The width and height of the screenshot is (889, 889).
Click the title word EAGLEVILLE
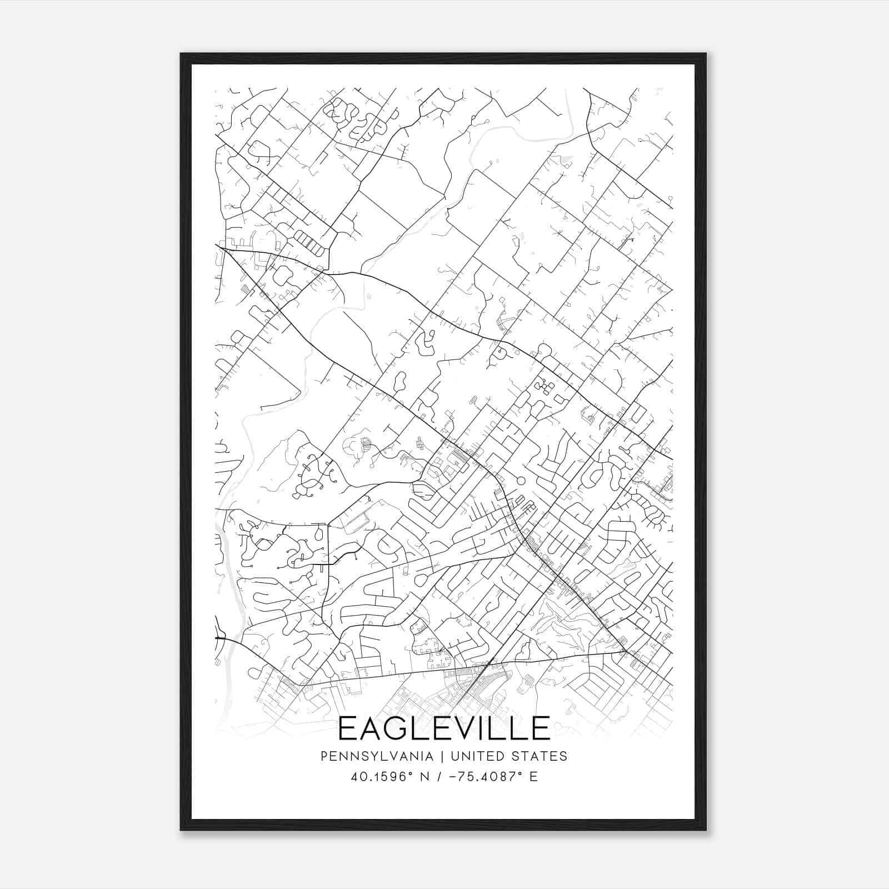click(444, 728)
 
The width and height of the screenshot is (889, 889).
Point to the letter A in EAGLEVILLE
click(371, 728)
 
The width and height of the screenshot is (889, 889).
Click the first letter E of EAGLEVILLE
click(347, 728)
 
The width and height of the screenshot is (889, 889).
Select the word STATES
click(540, 756)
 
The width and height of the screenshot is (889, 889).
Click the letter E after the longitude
click(533, 776)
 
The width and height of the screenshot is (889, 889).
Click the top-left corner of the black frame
click(181, 54)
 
